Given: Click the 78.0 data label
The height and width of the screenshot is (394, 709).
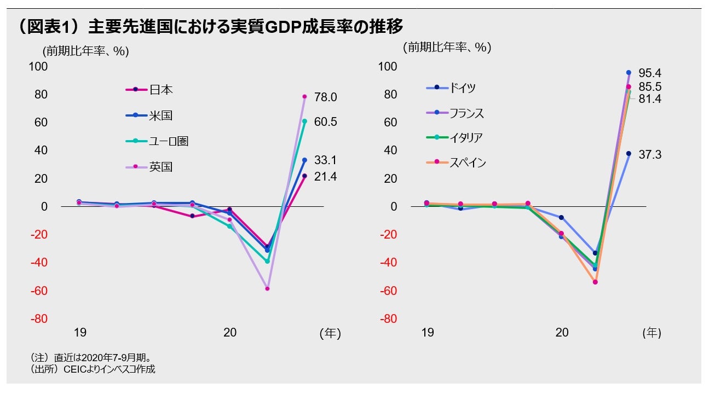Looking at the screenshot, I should click(x=325, y=97).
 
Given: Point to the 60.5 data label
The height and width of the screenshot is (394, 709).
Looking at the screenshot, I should click(x=325, y=122).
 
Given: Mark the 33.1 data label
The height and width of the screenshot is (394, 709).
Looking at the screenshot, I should click(x=325, y=160).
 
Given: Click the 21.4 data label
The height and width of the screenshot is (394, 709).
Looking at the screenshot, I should click(x=325, y=177).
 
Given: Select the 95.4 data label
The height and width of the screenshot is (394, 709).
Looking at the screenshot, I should click(x=650, y=73).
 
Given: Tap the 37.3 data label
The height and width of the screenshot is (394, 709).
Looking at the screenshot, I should click(x=650, y=155).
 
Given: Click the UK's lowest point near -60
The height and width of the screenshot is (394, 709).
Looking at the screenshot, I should click(x=267, y=288).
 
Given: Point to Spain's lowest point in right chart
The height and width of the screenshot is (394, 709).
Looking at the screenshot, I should click(x=595, y=282).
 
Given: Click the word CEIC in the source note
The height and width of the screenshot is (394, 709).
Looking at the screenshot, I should click(x=74, y=369).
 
